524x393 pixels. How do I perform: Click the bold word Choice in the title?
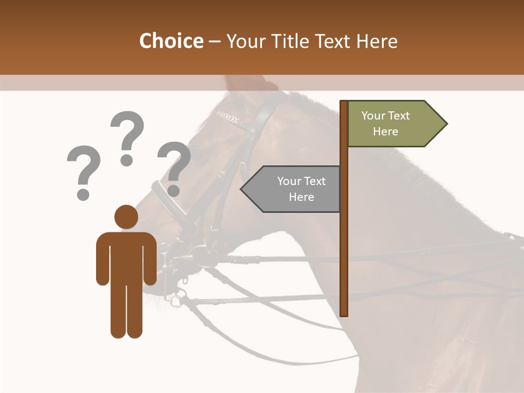171,41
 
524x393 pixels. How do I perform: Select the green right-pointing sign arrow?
396,124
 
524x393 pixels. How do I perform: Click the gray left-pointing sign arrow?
291,189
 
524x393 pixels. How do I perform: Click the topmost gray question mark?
128,136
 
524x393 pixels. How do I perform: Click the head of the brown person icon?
126,217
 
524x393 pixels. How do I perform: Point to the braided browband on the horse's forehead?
229,117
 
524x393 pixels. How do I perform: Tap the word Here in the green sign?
385,132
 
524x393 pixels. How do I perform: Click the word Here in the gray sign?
301,197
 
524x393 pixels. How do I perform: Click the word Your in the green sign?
373,116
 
